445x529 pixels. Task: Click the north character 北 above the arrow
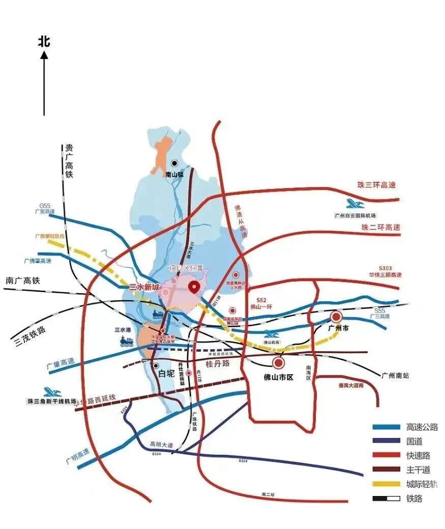[44, 41]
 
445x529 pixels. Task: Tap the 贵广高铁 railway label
[69, 161]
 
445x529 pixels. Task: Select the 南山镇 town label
[174, 174]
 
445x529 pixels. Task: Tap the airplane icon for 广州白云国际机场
[355, 204]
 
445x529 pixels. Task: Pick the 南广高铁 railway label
[22, 280]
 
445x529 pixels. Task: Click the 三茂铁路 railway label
[28, 336]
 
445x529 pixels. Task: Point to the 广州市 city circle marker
[336, 317]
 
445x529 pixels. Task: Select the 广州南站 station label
[395, 376]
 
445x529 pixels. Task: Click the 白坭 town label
[166, 374]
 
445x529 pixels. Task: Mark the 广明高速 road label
[77, 456]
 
